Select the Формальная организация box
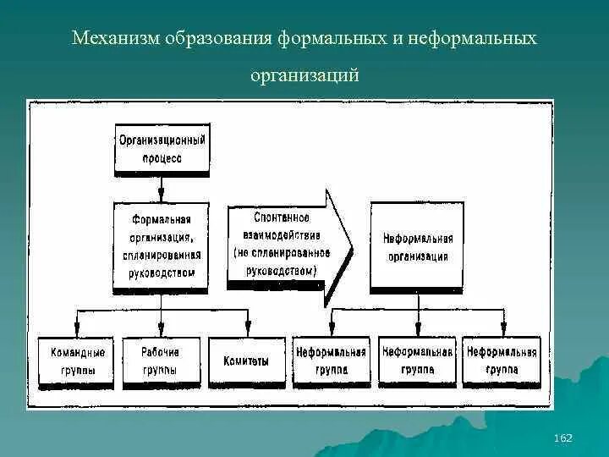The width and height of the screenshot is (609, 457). tap(161, 246)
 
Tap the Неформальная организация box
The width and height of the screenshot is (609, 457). tap(417, 246)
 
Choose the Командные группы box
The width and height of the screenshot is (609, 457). tap(78, 361)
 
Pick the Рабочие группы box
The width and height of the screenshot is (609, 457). tap(161, 361)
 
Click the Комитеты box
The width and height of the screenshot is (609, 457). tap(246, 361)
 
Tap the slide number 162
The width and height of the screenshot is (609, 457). tap(562, 438)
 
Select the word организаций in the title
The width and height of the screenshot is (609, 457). tap(304, 76)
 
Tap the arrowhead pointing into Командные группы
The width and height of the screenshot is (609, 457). tap(78, 330)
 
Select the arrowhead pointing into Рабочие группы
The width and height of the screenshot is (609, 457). tap(161, 330)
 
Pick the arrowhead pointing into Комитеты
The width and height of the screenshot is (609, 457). tap(247, 330)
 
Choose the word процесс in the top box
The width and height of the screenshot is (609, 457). tap(161, 157)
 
